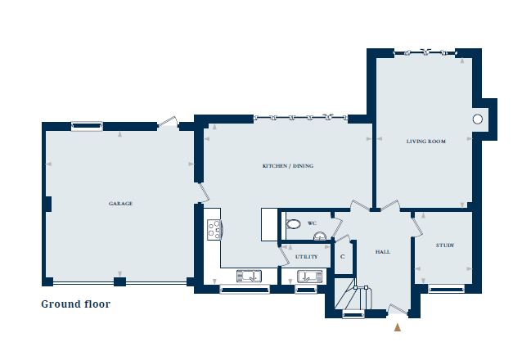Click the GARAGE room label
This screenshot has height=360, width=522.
pyautogui.click(x=120, y=203)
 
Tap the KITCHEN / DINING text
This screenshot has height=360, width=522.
pyautogui.click(x=287, y=166)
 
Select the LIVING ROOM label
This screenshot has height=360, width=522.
pyautogui.click(x=425, y=142)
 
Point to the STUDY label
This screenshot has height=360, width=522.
pyautogui.click(x=444, y=245)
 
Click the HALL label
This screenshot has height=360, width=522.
pyautogui.click(x=382, y=251)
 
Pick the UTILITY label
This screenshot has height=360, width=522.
pyautogui.click(x=307, y=257)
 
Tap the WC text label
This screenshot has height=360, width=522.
pyautogui.click(x=312, y=223)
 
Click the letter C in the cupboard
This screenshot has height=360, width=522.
pyautogui.click(x=342, y=256)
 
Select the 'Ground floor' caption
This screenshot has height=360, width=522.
pyautogui.click(x=75, y=304)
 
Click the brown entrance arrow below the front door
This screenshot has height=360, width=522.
pyautogui.click(x=398, y=327)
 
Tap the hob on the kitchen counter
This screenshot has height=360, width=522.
pyautogui.click(x=214, y=230)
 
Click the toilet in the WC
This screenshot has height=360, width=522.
pyautogui.click(x=293, y=223)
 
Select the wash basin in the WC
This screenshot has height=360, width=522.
pyautogui.click(x=320, y=236)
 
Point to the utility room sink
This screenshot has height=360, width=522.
pyautogui.click(x=305, y=277)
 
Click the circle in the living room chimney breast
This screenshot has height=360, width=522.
pyautogui.click(x=477, y=119)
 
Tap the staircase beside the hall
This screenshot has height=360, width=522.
pyautogui.click(x=353, y=299)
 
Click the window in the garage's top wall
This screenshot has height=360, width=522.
pyautogui.click(x=86, y=126)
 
